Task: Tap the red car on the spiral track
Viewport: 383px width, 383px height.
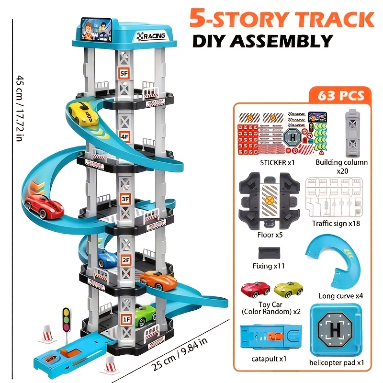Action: [44, 206]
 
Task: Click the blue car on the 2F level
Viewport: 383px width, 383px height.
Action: [107, 259]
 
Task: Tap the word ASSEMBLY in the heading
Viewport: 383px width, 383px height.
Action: [282, 41]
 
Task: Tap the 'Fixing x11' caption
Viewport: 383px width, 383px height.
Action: [270, 266]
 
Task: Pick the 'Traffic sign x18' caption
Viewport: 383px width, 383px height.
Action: [336, 223]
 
